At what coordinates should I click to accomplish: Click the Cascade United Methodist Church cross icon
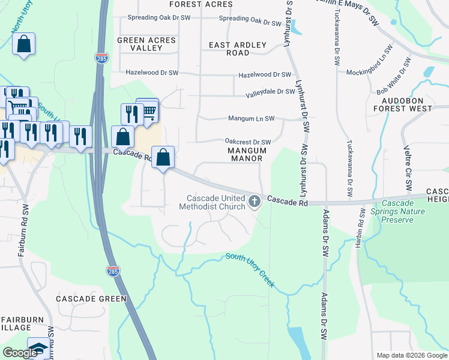tap(255, 201)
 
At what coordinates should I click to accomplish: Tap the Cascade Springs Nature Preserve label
tap(397, 212)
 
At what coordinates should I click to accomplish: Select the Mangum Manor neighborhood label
tap(248, 154)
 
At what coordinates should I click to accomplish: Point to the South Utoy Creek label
tap(250, 269)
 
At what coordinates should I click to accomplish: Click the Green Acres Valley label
tap(146, 44)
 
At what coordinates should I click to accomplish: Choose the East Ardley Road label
tap(229, 49)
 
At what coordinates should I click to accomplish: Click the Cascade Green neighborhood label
tap(91, 299)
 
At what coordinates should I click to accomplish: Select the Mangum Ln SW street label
tap(251, 119)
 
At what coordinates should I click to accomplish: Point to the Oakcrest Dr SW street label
tap(247, 142)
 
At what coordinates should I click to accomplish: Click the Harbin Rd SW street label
tap(361, 227)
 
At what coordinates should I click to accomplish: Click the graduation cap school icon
tap(39, 349)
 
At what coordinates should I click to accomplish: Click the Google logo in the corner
tap(20, 353)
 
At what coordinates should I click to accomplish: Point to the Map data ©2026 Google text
tap(411, 355)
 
